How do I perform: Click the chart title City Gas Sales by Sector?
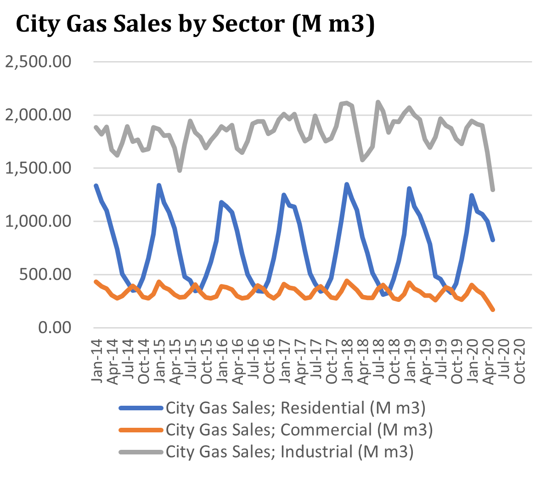click(195, 23)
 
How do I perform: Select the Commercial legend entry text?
click(299, 430)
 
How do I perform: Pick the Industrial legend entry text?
click(290, 452)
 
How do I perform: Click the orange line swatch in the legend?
click(141, 430)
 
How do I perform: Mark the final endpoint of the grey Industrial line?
click(493, 189)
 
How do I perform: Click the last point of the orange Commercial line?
click(493, 310)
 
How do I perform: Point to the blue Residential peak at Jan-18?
click(347, 184)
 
